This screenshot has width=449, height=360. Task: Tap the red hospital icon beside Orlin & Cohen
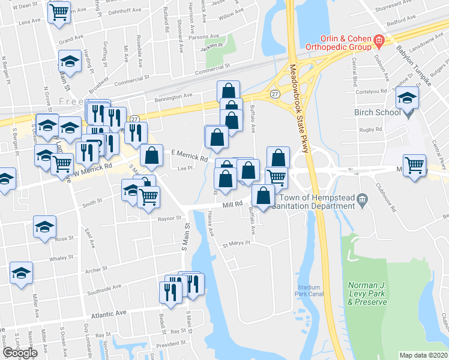coord(379,40)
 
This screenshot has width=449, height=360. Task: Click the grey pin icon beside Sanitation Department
coord(361,199)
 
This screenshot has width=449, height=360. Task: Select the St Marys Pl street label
coord(235,244)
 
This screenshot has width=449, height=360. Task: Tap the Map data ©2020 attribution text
coord(424,355)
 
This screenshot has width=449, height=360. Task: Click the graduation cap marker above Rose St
coord(45,227)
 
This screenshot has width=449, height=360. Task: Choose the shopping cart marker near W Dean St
coord(59,13)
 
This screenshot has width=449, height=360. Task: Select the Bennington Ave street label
coord(173,96)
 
